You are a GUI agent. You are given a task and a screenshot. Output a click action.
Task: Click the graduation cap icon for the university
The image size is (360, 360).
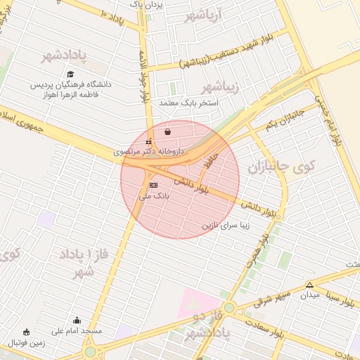[x=70, y=74]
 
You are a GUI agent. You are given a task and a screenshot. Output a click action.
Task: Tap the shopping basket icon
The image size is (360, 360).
[x=167, y=131]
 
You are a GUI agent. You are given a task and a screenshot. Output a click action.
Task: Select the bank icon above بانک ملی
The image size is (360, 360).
[x=153, y=186]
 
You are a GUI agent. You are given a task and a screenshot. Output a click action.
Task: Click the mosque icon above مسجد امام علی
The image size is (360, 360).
[x=77, y=321]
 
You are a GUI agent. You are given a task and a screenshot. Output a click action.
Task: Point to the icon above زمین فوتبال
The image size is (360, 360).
[x=27, y=333]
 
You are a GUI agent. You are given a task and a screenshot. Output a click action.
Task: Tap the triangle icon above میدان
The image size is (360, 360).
[x=309, y=285]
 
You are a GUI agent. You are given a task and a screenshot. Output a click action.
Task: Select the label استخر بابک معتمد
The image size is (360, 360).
[x=188, y=103]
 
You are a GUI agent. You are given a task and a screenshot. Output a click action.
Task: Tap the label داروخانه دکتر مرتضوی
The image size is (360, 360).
[x=148, y=151]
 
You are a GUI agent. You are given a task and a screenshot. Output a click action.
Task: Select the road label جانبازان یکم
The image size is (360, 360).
[x=284, y=119]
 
